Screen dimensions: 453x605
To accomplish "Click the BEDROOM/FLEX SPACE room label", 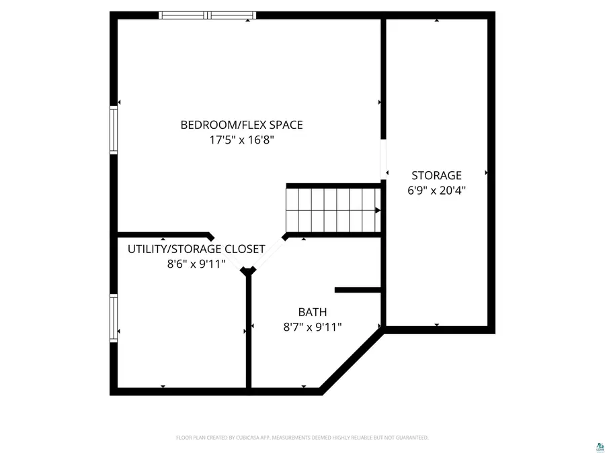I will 241,125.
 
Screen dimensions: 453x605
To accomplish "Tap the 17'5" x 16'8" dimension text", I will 241,140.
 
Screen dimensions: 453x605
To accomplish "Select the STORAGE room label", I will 436,176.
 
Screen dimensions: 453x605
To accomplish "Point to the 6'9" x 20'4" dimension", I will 436,191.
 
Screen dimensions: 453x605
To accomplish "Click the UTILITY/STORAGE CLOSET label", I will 196,249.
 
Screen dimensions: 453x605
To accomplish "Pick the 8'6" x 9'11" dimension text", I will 196,264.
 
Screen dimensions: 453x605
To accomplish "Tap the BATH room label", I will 313,312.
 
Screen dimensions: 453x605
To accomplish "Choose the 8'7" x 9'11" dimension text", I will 313,327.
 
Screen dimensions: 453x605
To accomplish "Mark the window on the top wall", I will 207,15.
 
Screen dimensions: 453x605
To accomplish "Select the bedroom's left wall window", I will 114,131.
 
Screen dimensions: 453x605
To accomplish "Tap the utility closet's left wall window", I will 114,319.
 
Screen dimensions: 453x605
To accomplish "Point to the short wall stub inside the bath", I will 358,290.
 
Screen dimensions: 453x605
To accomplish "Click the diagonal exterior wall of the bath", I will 351,358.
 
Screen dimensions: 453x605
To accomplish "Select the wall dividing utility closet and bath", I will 249,332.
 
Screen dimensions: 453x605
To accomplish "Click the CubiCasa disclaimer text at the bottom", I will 302,438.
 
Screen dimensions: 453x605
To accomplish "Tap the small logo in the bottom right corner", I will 596,444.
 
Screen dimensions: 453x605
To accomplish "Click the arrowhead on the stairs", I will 377,210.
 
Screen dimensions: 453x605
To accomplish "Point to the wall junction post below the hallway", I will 249,271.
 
